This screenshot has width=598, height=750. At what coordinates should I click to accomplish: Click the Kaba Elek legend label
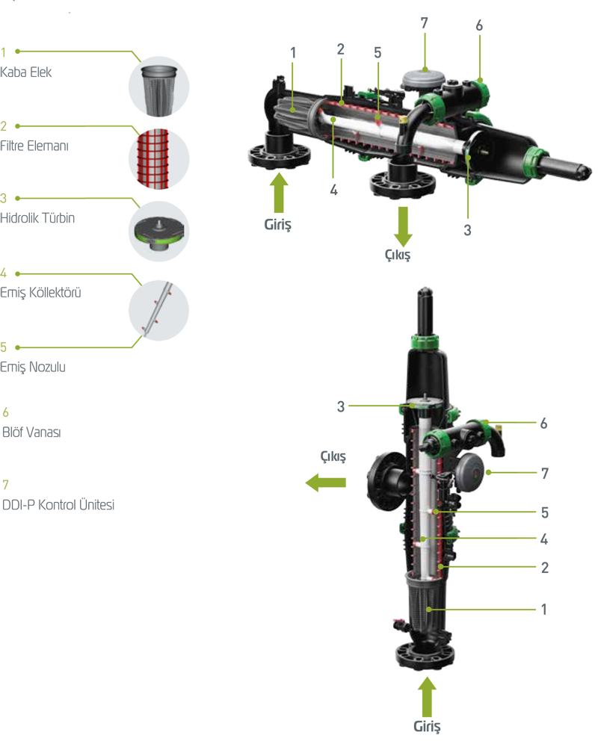click(x=26, y=72)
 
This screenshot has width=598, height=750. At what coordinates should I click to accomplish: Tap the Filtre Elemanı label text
click(x=34, y=146)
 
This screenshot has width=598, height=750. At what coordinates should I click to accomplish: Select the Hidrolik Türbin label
click(x=37, y=218)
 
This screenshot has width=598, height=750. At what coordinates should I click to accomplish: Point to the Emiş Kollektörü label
click(x=40, y=292)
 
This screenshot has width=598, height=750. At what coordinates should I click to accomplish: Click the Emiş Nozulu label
click(x=33, y=367)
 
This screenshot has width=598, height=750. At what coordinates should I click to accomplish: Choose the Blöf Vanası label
click(x=31, y=433)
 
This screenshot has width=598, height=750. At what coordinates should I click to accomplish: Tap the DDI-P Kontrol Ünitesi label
click(x=58, y=505)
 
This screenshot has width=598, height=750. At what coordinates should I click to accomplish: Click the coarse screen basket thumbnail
click(x=159, y=87)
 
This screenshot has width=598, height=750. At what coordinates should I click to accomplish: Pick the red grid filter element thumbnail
click(x=159, y=159)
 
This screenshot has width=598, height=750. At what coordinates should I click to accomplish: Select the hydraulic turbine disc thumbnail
click(x=159, y=232)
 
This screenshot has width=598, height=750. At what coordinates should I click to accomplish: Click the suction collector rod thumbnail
click(x=159, y=311)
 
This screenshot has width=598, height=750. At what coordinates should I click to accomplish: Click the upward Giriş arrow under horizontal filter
click(x=279, y=192)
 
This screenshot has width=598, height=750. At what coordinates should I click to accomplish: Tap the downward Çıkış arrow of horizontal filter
click(x=403, y=227)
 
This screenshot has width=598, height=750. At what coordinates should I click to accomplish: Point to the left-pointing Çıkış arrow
click(x=326, y=483)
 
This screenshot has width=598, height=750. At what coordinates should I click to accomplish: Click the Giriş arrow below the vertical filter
click(x=427, y=697)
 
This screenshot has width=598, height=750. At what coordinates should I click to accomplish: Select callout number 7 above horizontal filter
click(x=424, y=23)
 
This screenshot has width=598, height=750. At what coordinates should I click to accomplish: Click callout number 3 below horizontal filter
click(x=467, y=230)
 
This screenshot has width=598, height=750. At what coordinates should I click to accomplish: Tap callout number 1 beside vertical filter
click(x=544, y=610)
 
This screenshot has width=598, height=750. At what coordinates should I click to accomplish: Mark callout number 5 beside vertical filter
click(x=545, y=512)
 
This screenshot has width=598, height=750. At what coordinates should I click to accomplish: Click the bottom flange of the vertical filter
click(x=425, y=657)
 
